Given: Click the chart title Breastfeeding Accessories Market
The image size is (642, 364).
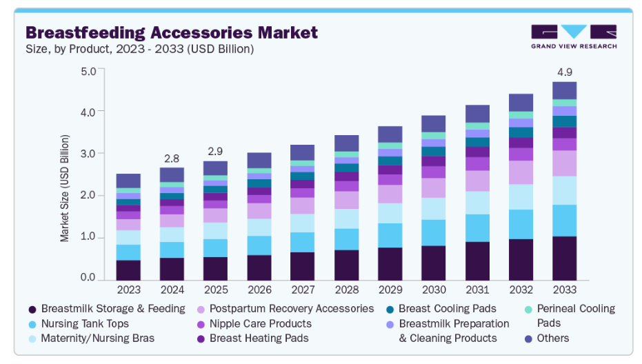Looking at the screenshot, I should [172, 32].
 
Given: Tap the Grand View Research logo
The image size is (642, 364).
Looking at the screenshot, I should [573, 37].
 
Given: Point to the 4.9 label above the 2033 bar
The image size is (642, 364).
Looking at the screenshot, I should [564, 72].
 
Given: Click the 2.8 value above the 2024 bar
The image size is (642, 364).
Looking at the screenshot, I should [172, 158].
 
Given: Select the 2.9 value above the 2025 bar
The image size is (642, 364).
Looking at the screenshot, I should [214, 151].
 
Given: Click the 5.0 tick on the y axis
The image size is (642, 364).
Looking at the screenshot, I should [88, 72].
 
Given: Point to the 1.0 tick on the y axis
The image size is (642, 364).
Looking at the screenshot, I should [88, 238].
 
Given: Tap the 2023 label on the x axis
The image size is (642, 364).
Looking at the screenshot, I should [128, 290].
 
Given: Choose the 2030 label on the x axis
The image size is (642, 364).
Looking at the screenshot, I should [434, 290].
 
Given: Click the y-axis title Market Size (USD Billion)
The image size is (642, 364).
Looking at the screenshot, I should [65, 188].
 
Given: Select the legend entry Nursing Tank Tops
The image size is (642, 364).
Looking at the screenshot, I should [85, 323].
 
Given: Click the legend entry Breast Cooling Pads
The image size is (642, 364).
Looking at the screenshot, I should [447, 308].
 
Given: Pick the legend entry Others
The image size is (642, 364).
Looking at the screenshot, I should [553, 338].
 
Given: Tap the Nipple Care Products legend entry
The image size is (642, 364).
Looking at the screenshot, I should [260, 323].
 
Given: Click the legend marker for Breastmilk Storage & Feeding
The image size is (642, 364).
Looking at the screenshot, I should [32, 309].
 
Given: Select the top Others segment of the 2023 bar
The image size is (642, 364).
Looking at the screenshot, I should [128, 181].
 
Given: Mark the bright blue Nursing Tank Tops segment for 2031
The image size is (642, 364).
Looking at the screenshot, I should [477, 228].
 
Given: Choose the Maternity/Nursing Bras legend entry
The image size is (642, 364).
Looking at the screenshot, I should [97, 338].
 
